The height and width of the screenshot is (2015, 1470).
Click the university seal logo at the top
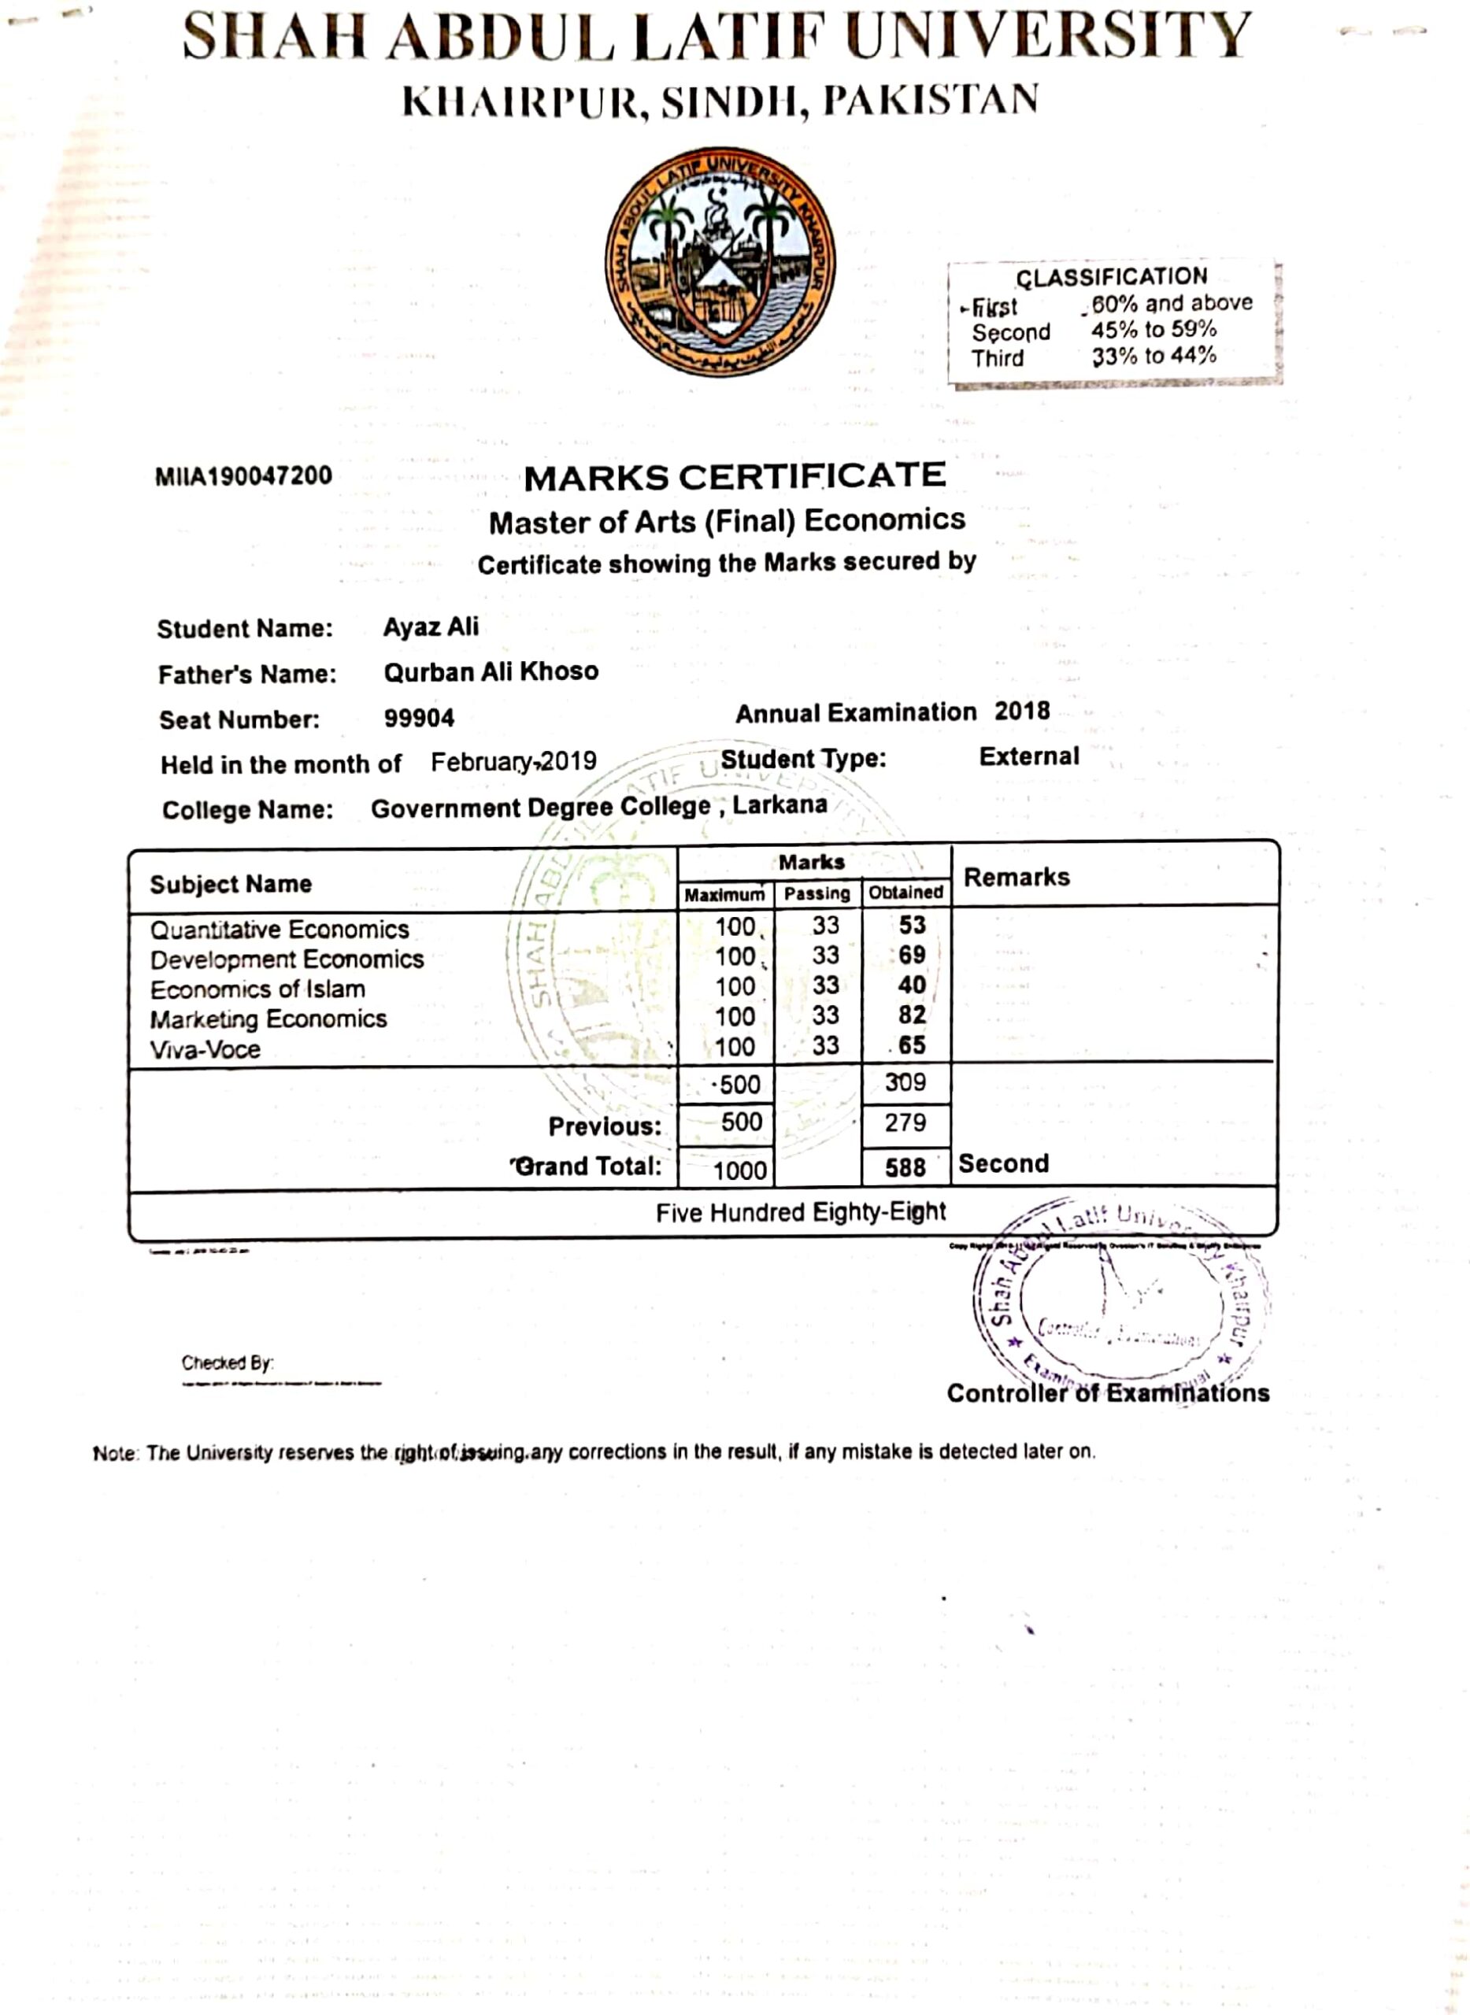(720, 261)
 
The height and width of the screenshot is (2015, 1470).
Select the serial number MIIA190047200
(243, 476)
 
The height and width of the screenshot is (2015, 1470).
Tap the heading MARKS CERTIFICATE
(734, 477)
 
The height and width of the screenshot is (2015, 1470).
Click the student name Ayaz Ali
(431, 627)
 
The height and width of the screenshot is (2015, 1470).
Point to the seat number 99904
(419, 718)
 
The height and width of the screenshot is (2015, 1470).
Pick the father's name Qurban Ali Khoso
(491, 671)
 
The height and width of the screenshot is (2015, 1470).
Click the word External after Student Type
(1028, 757)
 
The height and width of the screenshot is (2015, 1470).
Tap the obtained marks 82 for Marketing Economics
(911, 1015)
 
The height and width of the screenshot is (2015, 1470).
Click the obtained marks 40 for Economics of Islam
(911, 985)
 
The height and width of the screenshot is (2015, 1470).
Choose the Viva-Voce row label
(205, 1050)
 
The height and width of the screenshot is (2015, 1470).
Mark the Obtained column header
(905, 893)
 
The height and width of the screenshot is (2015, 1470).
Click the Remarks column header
(1016, 877)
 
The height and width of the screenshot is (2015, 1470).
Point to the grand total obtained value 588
(905, 1167)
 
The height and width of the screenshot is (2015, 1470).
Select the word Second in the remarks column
(1004, 1163)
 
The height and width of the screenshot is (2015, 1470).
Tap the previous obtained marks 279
(905, 1122)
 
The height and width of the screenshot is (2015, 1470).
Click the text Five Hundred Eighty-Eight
(801, 1213)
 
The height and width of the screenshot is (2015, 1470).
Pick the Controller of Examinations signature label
(1108, 1393)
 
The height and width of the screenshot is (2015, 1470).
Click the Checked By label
(227, 1363)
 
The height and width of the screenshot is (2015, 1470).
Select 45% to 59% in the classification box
(1153, 330)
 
